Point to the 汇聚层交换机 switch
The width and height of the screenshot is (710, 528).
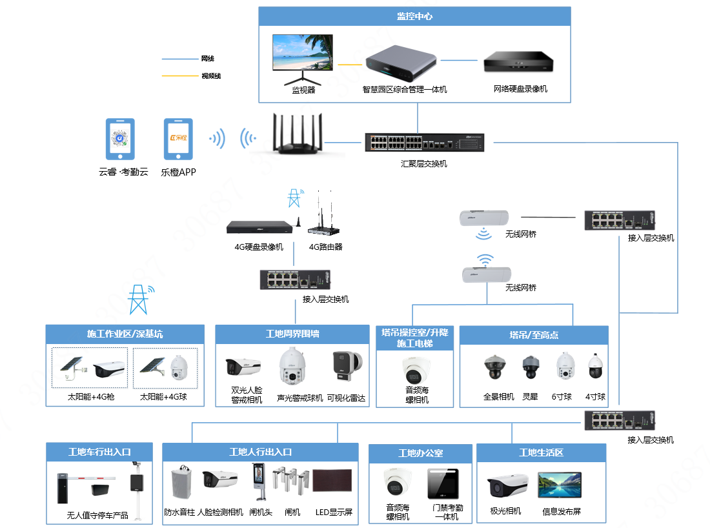click(x=423, y=143)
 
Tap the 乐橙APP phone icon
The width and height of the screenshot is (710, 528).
click(x=177, y=138)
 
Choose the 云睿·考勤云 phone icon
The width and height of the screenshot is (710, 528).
click(x=120, y=138)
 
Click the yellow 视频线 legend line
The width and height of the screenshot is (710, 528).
click(x=181, y=76)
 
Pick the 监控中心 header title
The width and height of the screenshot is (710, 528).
click(x=414, y=16)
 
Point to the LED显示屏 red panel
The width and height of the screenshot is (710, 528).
click(x=332, y=484)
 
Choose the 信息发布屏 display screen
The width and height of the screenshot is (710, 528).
click(x=560, y=486)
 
